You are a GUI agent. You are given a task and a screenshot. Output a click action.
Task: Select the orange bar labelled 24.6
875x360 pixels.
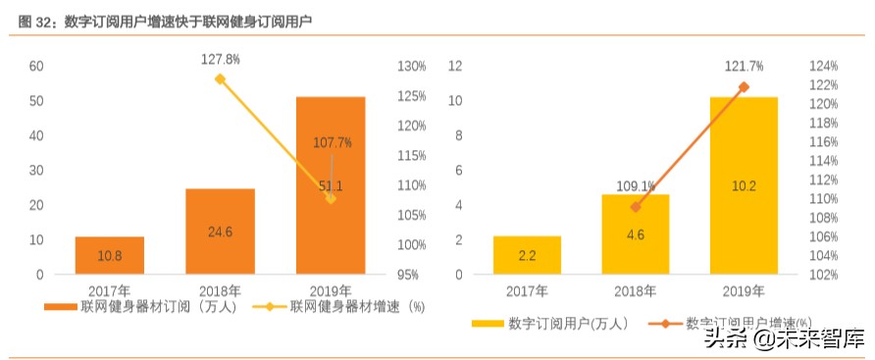(220, 231)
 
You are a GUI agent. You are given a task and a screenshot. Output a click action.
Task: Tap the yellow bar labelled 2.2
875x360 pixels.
(528, 255)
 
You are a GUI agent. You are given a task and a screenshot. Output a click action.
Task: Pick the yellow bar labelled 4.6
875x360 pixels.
(635, 234)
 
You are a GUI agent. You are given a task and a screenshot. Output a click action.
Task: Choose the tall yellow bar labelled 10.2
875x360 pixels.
(744, 186)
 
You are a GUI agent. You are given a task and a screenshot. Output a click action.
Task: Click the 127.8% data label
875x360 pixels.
(221, 59)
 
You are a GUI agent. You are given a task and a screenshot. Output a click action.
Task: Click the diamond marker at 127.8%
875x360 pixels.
(221, 79)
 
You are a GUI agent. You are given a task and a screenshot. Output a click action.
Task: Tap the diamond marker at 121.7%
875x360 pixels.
(744, 87)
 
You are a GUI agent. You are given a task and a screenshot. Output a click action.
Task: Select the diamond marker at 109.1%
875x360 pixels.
(636, 207)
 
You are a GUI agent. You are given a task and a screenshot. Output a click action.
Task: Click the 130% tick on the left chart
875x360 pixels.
(412, 67)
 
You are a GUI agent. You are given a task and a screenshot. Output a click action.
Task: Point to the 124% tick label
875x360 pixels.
(824, 67)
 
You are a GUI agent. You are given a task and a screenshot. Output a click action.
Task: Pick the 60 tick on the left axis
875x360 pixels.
(36, 67)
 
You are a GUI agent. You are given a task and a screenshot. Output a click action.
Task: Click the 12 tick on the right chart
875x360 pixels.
(455, 67)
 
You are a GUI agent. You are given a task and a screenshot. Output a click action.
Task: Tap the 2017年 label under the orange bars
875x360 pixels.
(110, 290)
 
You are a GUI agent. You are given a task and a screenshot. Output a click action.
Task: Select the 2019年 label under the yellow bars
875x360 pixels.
(744, 290)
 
